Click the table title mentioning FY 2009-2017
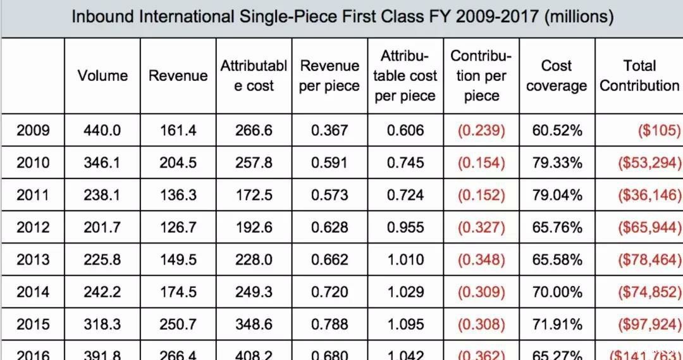click(x=342, y=16)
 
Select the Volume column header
click(x=102, y=76)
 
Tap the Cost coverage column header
click(x=557, y=76)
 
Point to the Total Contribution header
click(x=639, y=76)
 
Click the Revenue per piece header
click(x=329, y=76)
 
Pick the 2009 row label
click(x=33, y=131)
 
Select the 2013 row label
click(x=33, y=260)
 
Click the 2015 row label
click(x=33, y=325)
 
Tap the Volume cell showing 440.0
click(x=102, y=131)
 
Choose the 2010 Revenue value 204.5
click(x=178, y=163)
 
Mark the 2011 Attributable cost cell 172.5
click(x=254, y=196)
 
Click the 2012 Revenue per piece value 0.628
click(x=329, y=228)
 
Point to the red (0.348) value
click(x=481, y=260)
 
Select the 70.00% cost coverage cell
click(x=557, y=292)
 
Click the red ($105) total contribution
click(x=658, y=131)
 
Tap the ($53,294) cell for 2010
click(x=649, y=163)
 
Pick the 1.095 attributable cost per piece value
click(x=405, y=325)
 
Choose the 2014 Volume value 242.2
click(x=102, y=292)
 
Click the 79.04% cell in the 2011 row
click(x=557, y=196)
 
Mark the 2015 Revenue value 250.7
click(x=178, y=325)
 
